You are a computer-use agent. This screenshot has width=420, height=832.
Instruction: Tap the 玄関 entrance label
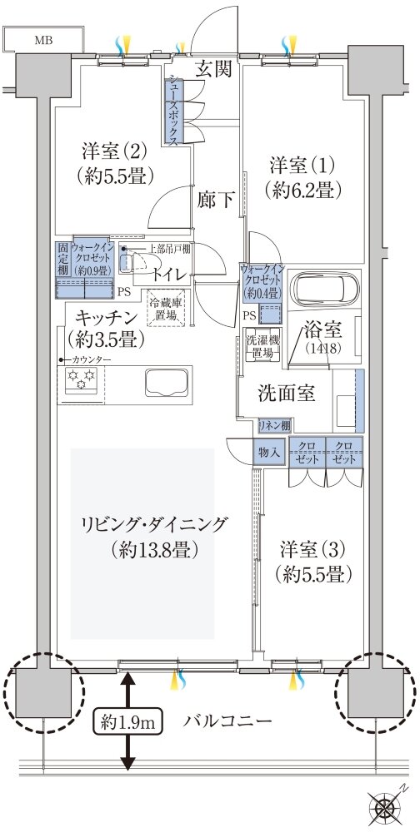pos(213,69)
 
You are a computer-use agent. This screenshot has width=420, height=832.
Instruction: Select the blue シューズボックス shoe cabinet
pos(172,111)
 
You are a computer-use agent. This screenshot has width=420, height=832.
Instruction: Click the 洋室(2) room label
pos(115,164)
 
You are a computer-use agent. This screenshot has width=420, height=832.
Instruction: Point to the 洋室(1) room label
pos(301,176)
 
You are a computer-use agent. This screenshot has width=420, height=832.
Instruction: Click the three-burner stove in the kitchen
pos(80,381)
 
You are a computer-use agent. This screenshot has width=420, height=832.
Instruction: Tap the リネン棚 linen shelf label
pos(272,423)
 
